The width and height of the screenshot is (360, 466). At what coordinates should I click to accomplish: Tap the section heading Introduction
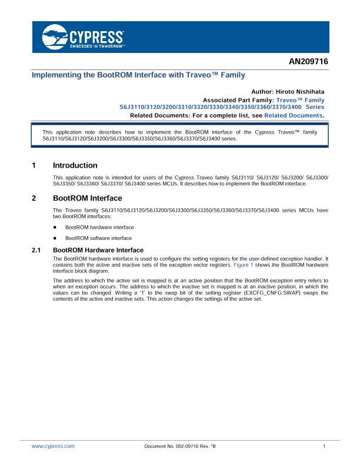pos(75,165)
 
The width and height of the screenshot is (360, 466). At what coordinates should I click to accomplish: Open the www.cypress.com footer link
pos(53,447)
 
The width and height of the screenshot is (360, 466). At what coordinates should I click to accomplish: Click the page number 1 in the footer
pos(324,447)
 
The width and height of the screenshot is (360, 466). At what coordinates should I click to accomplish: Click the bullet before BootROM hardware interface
pos(55,227)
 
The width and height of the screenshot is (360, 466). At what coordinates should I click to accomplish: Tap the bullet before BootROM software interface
pos(55,238)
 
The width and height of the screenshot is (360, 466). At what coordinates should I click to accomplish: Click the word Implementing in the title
pos(55,75)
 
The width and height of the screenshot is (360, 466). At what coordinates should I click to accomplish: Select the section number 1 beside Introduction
pos(34,165)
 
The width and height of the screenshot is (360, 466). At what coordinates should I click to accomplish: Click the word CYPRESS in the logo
pos(96,34)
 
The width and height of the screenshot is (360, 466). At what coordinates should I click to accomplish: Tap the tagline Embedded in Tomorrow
pos(97,45)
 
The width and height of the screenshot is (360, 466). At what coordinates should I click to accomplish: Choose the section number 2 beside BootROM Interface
pos(34,198)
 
